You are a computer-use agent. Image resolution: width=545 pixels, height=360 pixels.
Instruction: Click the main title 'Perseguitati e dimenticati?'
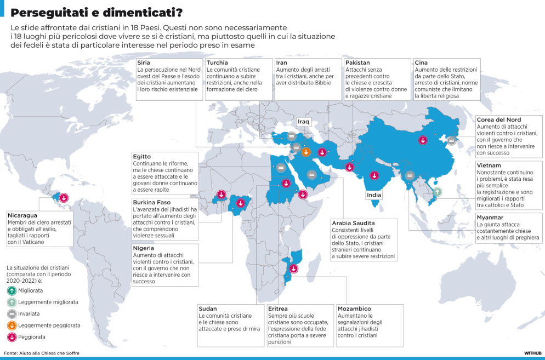[97, 12]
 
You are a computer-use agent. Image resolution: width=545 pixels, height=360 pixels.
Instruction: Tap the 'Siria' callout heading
[144, 63]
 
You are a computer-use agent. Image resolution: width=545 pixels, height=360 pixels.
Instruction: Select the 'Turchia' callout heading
[218, 63]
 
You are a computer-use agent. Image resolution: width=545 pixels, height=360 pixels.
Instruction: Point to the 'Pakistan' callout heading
[357, 63]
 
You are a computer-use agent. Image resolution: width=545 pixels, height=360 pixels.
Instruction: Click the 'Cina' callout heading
[421, 63]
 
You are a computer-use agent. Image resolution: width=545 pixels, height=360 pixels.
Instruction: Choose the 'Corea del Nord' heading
[498, 119]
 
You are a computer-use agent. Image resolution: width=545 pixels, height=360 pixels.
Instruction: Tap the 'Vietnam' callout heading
[489, 165]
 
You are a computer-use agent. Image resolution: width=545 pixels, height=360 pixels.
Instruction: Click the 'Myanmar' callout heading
[490, 217]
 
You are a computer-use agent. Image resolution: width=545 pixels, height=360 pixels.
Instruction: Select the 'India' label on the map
[374, 195]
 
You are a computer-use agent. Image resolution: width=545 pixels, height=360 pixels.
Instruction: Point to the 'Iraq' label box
[303, 121]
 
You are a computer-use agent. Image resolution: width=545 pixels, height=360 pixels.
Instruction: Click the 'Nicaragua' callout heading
[23, 215]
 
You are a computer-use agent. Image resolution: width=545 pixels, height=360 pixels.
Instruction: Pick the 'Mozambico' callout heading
[355, 308]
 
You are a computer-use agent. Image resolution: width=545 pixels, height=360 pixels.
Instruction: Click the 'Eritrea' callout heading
[278, 308]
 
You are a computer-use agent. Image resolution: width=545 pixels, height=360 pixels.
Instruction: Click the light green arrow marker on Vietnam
[436, 192]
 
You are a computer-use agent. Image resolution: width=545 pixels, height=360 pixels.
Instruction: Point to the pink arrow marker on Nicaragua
[64, 197]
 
